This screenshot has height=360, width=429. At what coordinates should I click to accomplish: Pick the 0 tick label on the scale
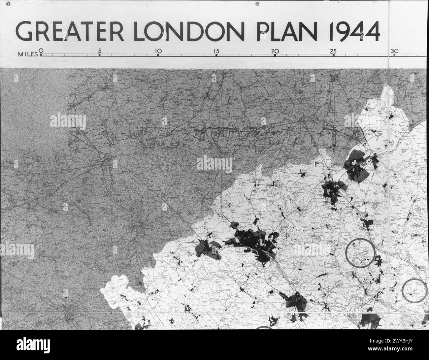(x=41, y=50)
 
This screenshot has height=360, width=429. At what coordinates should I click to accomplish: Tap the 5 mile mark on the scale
(x=100, y=51)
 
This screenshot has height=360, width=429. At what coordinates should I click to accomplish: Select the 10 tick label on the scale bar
(x=158, y=51)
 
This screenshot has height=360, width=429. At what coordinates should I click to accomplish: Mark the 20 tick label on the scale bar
(x=275, y=51)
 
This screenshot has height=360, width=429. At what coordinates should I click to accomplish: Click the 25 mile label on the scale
(x=333, y=51)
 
